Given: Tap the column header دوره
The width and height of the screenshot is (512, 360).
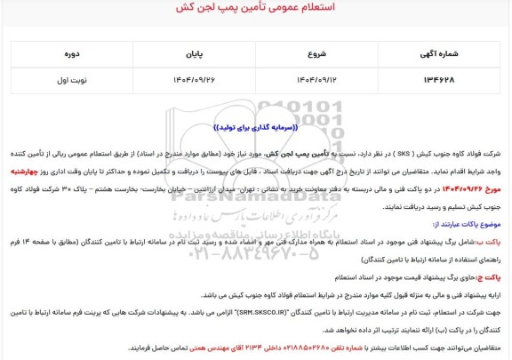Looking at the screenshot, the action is (68, 52).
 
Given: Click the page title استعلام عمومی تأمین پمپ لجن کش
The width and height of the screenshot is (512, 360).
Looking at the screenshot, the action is (256, 11).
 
